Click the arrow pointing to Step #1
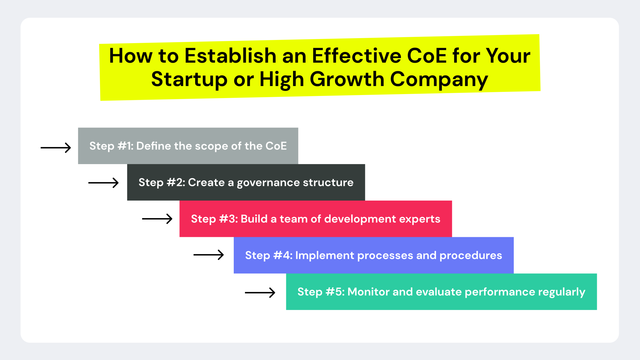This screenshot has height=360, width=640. coord(56,147)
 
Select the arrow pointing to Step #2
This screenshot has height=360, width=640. coord(103,182)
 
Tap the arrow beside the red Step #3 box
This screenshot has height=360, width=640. coord(157,219)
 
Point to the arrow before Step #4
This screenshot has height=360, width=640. coord(209,255)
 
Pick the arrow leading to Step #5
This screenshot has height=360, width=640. coord(260,292)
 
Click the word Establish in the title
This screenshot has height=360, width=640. coord(230,56)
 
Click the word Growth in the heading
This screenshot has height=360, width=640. coord(347,79)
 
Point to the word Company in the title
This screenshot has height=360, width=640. coord(439,79)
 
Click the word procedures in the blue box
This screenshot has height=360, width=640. coord(471,256)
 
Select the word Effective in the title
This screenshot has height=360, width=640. coord(357,56)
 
